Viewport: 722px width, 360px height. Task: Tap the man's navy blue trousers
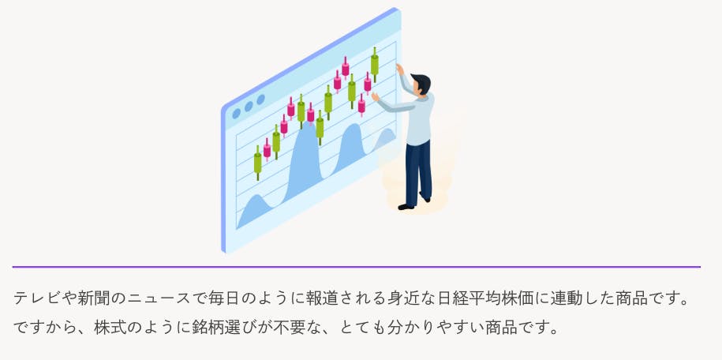coord(418,173)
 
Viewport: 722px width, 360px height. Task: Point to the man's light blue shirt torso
coord(419,119)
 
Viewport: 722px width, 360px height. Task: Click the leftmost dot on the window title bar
coord(236,114)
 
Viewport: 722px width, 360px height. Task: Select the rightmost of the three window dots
coord(260,99)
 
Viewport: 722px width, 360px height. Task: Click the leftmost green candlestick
coord(258,163)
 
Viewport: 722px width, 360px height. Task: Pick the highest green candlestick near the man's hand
coord(374,65)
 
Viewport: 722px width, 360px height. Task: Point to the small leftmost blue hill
coord(255,210)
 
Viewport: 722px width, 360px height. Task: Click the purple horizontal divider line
coord(357,267)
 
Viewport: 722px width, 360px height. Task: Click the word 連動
coord(563,298)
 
